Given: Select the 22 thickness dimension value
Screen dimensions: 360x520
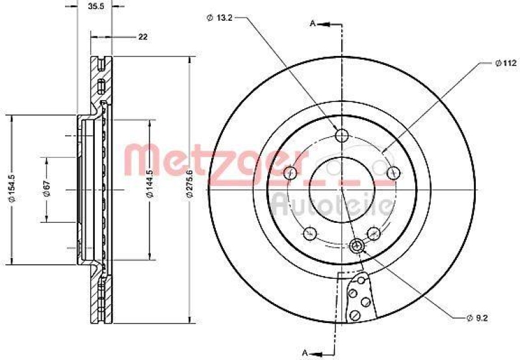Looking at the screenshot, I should [x=142, y=36].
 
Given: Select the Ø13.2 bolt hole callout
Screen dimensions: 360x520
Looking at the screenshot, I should [x=220, y=18].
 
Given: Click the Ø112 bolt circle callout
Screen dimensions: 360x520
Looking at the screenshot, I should [x=504, y=63].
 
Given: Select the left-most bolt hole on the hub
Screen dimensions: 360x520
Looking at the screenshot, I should [x=291, y=172].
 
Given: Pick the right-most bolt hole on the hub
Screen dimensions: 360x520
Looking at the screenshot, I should [x=393, y=172].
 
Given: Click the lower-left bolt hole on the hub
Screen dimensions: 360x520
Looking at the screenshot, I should [x=310, y=232].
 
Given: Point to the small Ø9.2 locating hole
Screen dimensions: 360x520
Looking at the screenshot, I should [x=356, y=245].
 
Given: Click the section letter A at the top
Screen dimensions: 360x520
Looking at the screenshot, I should [x=313, y=23].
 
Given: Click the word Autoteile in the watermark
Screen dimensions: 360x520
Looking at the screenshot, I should [x=331, y=204].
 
